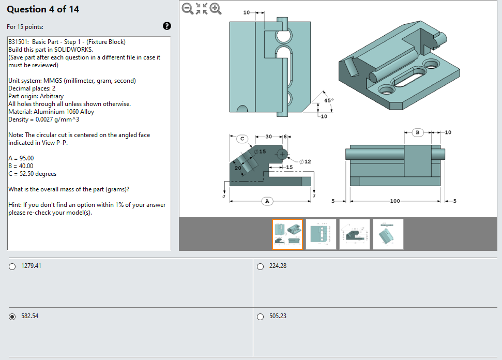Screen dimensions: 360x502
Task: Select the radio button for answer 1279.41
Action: click(x=12, y=266)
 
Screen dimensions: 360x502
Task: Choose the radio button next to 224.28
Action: click(x=261, y=266)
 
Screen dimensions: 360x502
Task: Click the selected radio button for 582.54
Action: click(x=12, y=317)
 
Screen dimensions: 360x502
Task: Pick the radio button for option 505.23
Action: click(x=261, y=317)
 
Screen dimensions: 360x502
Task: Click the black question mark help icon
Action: click(x=167, y=26)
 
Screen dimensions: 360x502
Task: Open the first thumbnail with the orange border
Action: click(x=287, y=234)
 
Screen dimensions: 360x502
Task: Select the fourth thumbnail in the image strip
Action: click(x=388, y=234)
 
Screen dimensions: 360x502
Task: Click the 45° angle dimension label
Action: click(x=329, y=100)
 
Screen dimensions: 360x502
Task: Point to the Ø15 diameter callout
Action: click(x=260, y=152)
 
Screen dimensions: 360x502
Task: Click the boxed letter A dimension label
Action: click(x=267, y=201)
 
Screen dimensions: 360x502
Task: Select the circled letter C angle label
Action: click(x=243, y=138)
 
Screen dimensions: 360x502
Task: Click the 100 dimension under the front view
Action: click(x=395, y=201)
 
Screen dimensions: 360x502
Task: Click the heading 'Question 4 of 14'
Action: click(x=43, y=9)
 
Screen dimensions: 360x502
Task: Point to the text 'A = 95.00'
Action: click(x=21, y=158)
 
